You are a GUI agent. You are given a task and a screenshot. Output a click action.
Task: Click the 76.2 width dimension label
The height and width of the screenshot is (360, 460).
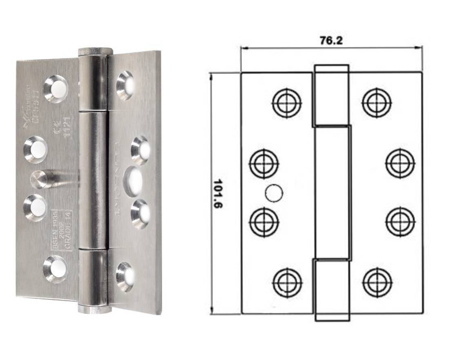tap(331, 41)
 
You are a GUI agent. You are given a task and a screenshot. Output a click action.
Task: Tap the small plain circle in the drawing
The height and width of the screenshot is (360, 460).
tap(272, 193)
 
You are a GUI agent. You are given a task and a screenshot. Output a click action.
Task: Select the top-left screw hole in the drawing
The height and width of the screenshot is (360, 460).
tap(287, 101)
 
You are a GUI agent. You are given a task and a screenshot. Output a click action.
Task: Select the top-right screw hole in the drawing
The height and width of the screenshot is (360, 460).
tap(377, 101)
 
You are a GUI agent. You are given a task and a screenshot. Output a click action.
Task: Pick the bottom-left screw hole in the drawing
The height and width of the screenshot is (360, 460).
tap(287, 282)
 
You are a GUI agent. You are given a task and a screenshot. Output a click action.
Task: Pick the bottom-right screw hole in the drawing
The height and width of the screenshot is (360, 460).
tap(377, 282)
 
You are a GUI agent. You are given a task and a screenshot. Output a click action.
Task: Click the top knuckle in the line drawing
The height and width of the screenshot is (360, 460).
tap(331, 95)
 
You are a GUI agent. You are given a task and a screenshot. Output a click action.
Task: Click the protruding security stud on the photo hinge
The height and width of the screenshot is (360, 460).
tap(41, 179)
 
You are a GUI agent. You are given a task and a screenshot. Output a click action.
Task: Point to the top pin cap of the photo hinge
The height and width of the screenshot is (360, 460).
tap(95, 51)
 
